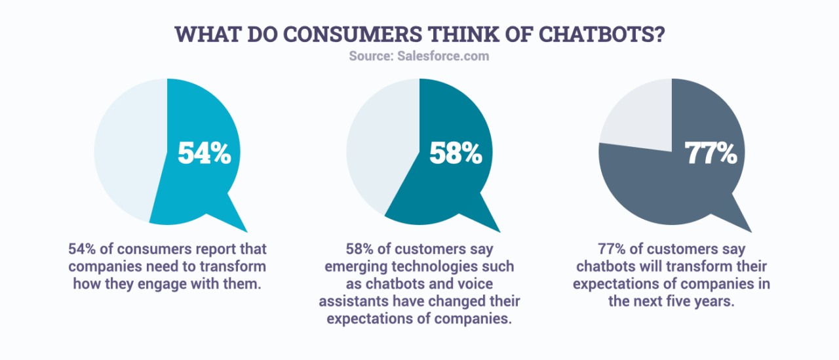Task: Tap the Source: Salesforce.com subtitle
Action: pos(419,56)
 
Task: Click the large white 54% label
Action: pos(205,153)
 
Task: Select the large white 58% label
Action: pos(456,153)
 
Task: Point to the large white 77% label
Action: pos(711,153)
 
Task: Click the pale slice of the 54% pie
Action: pos(128,151)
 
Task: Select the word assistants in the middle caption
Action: pos(353,301)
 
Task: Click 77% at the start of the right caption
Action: pos(612,250)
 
